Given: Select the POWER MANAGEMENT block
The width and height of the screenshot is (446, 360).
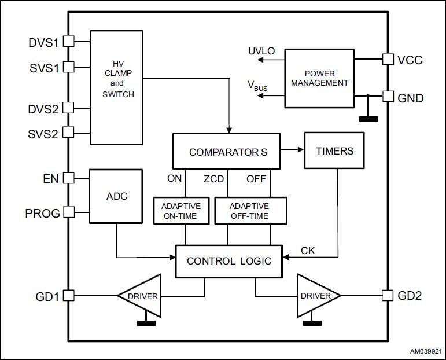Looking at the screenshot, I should coord(319,78).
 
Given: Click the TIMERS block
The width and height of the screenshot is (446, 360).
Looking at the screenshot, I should coord(334,150).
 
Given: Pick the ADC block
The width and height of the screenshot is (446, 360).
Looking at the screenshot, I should coord(116,196).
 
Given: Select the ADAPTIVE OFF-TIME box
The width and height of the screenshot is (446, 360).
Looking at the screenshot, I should coord(250,211).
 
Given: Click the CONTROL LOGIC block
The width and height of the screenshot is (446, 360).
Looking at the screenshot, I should coord(228,261).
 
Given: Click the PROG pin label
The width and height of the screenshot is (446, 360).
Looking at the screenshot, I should coord(42,213).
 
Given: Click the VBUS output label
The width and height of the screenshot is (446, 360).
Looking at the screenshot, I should coord(258,86).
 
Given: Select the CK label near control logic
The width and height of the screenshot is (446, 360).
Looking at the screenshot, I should coord(308,251).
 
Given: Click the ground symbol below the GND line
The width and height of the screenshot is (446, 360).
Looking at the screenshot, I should coord(368,119).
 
